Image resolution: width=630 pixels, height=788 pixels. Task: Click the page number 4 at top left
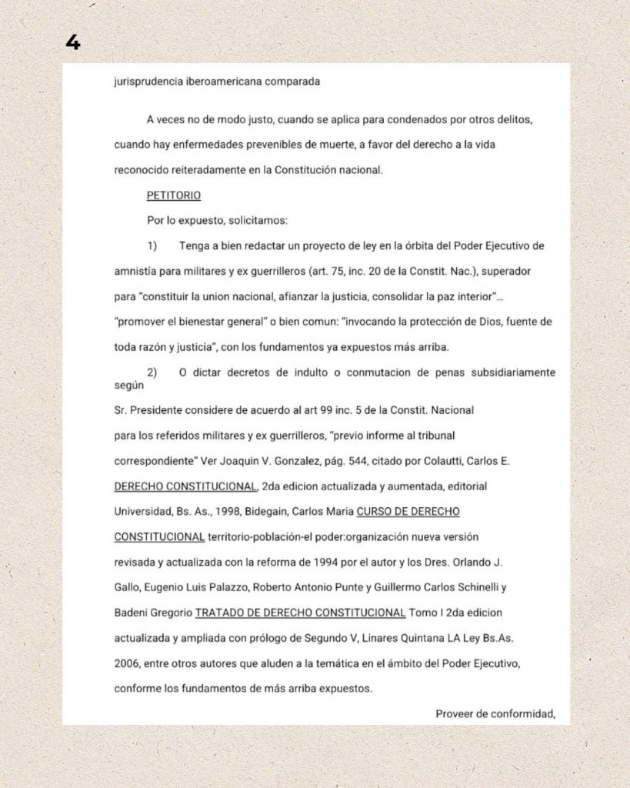click(73, 42)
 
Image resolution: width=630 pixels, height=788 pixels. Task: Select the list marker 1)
click(152, 246)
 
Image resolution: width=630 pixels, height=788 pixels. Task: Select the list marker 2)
click(152, 373)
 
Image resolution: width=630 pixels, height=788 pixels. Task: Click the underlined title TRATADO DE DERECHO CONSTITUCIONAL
click(301, 613)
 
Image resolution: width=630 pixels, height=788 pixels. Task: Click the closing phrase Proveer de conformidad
click(495, 713)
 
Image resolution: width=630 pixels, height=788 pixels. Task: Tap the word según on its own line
click(128, 386)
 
